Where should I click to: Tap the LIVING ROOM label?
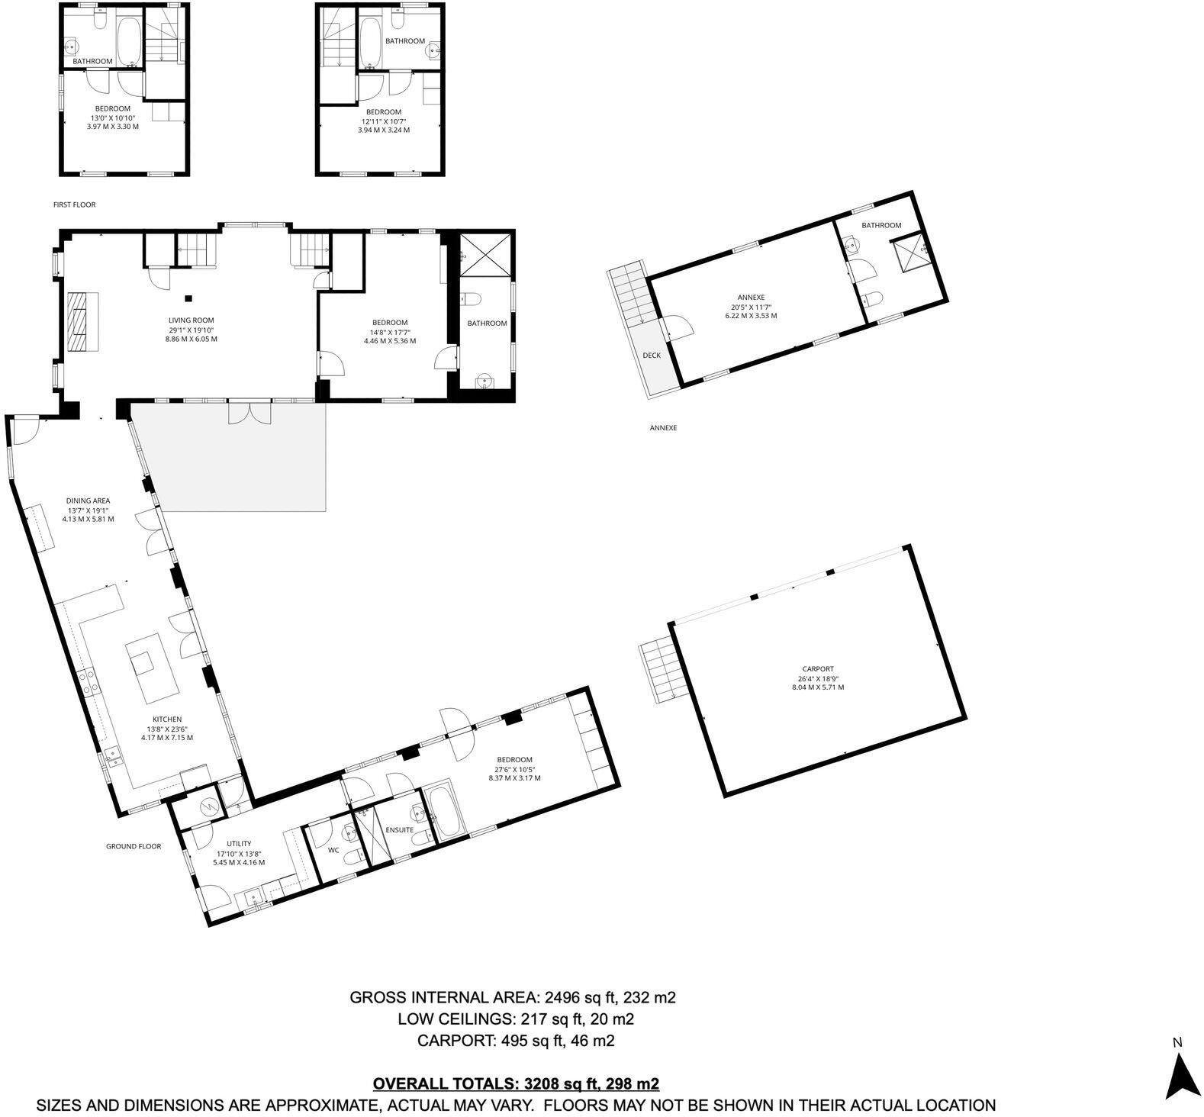[x=192, y=320]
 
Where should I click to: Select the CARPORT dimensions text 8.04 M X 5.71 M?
[x=818, y=687]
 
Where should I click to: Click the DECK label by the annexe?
[x=652, y=356]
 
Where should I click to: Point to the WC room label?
[x=333, y=849]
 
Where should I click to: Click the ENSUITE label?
[x=399, y=829]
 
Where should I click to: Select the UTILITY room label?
[x=239, y=843]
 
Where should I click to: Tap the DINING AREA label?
[x=88, y=501]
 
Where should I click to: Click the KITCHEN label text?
[x=167, y=719]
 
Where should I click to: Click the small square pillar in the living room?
[x=188, y=298]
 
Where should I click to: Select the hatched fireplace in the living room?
[x=82, y=321]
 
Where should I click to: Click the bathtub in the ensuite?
[x=443, y=811]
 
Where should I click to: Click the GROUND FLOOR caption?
[x=134, y=846]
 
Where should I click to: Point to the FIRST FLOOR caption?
[x=74, y=204]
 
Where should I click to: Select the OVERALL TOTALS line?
[x=515, y=1083]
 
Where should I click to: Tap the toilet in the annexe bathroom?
[x=874, y=298]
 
